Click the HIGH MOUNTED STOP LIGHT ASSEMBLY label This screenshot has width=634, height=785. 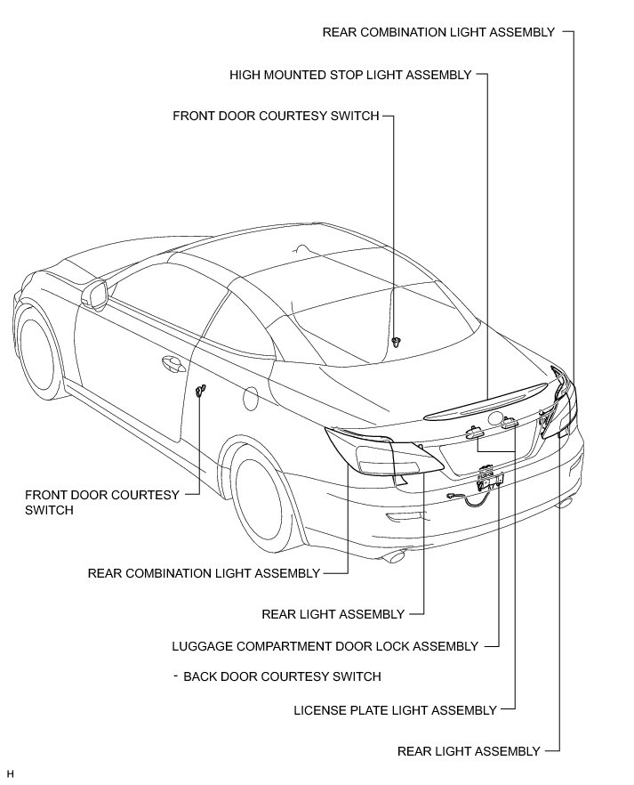[350, 75]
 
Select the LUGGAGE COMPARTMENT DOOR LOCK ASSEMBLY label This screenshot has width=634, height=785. [325, 646]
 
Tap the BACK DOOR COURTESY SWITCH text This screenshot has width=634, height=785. [282, 676]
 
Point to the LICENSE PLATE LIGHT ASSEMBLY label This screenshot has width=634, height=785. [395, 710]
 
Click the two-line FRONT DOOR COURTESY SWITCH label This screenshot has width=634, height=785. [101, 502]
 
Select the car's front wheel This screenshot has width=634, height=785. [40, 350]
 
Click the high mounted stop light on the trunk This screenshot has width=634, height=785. [485, 401]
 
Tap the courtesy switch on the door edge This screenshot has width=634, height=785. [201, 391]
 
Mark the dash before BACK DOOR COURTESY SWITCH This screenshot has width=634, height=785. [177, 676]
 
